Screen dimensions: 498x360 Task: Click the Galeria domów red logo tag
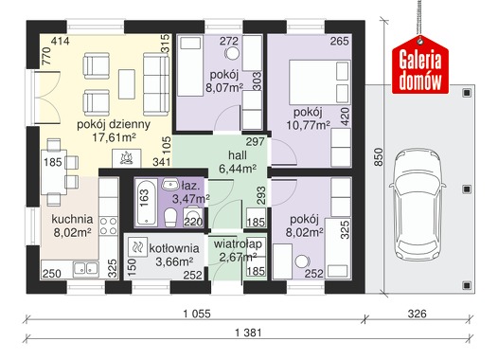tap(420, 65)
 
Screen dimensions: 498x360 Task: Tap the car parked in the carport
tap(417, 205)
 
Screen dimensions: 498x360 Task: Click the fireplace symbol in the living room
tap(127, 158)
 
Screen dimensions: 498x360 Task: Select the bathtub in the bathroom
tap(146, 202)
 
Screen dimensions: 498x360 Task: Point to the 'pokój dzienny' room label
tap(114, 124)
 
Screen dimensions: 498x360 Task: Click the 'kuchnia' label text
tap(72, 219)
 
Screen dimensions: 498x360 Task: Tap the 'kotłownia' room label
tap(174, 248)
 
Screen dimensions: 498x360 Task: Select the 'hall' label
tap(238, 155)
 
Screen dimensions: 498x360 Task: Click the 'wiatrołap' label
tap(238, 244)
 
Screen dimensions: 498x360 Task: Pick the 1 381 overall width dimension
tap(248, 333)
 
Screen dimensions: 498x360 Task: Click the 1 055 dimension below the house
tap(197, 314)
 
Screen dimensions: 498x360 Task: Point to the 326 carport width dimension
tap(417, 314)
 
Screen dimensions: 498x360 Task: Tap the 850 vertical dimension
tap(379, 157)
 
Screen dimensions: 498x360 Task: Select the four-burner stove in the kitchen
tap(109, 226)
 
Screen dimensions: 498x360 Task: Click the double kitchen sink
tap(86, 269)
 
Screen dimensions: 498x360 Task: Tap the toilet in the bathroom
tap(170, 217)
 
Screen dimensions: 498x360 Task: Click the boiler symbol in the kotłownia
tap(138, 247)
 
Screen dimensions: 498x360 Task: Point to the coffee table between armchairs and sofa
tap(127, 84)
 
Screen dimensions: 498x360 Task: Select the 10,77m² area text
tap(308, 125)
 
